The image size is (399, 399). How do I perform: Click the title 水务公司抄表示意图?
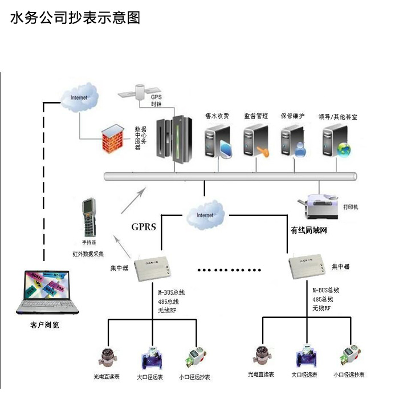pyautogui.click(x=75, y=17)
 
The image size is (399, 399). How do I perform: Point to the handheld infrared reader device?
pyautogui.click(x=88, y=217)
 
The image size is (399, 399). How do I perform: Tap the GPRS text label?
pyautogui.click(x=143, y=226)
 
